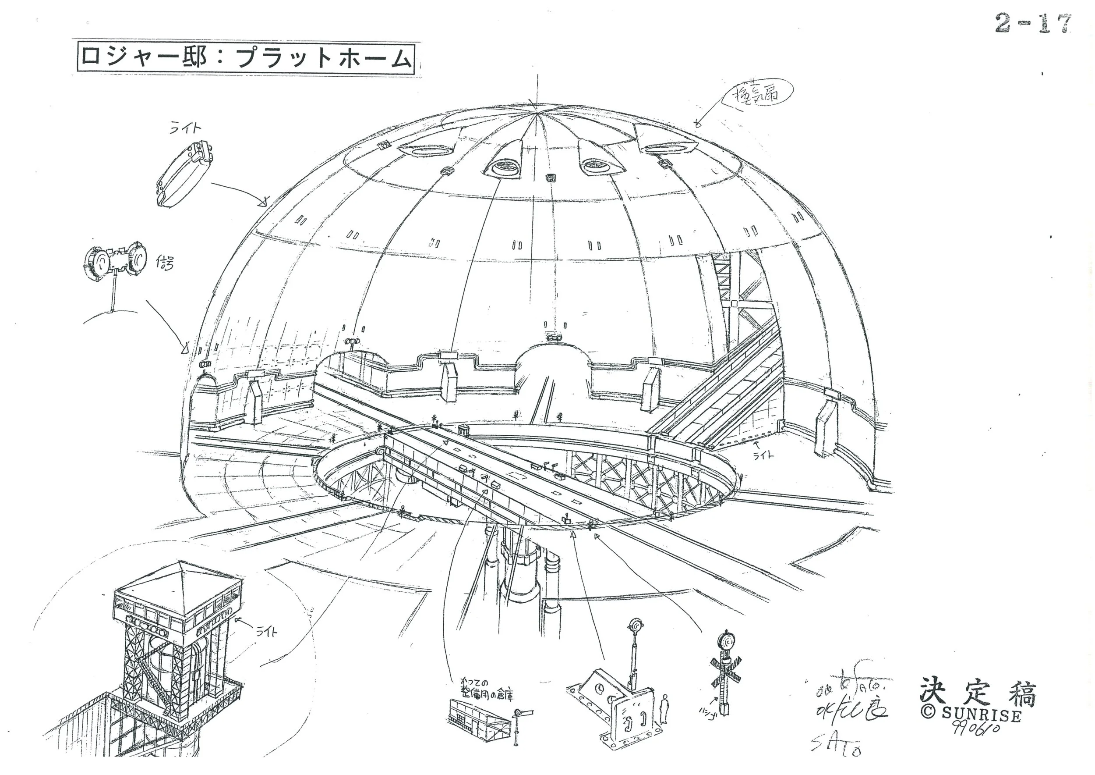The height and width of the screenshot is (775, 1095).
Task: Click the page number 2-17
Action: pos(1032,24)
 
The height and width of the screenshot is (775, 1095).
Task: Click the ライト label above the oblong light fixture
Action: pos(186,128)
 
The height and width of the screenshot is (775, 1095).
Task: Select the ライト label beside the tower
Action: pos(267,631)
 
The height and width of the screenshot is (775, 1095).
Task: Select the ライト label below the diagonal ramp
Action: pos(763,456)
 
